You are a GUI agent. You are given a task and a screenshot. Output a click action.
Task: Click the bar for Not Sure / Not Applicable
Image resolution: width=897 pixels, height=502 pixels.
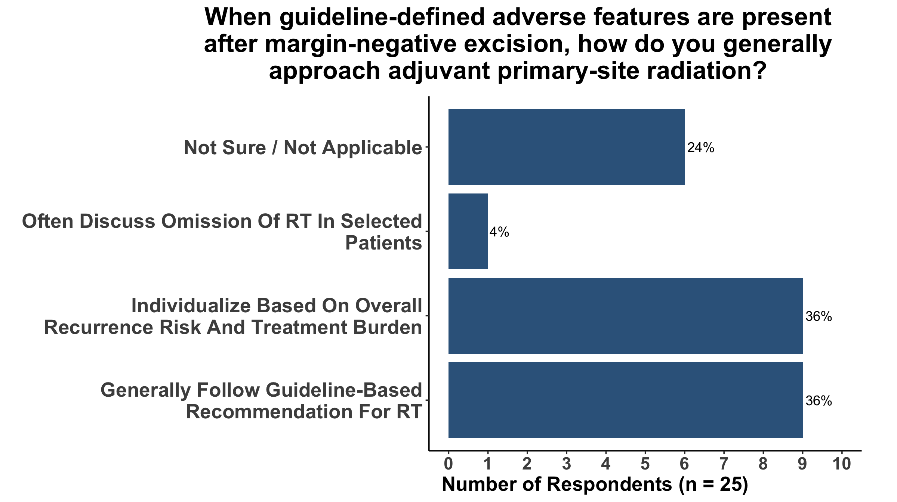566,147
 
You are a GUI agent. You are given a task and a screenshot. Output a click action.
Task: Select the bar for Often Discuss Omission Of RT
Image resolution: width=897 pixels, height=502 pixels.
468,231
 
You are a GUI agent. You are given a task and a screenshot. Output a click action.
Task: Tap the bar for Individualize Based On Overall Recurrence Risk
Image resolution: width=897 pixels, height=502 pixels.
625,316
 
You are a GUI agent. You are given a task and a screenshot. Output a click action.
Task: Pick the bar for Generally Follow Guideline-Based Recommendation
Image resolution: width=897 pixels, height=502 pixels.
625,400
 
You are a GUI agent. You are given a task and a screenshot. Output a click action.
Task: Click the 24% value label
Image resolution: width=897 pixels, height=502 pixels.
701,148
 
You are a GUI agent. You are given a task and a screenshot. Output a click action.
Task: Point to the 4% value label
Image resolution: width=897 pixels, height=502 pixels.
499,232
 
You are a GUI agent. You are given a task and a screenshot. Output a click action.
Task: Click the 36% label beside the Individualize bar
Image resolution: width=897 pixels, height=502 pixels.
819,317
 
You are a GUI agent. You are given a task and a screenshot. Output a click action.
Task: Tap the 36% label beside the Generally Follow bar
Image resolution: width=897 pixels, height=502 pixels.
819,401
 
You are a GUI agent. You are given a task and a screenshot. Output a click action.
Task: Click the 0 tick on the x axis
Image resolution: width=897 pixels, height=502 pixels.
449,464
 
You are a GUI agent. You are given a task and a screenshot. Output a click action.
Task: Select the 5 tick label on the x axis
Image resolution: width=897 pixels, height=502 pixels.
645,464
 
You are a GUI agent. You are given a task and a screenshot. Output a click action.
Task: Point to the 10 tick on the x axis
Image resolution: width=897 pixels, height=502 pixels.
842,464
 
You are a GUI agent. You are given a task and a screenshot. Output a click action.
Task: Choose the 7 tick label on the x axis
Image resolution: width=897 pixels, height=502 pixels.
724,464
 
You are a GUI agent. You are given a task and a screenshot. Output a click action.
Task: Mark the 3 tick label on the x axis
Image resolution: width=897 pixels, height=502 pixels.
567,464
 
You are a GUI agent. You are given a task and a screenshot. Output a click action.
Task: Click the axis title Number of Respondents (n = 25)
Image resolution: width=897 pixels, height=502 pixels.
595,485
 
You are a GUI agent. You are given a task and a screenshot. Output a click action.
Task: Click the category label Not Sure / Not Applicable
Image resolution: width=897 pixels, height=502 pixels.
303,148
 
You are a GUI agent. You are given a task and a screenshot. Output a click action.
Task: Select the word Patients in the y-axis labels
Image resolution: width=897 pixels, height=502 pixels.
384,243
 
